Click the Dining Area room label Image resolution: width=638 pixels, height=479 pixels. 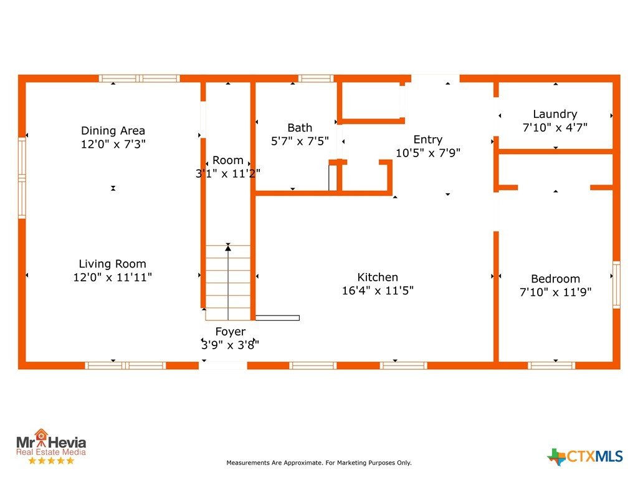113,131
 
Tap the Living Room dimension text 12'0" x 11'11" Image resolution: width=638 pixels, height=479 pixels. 113,278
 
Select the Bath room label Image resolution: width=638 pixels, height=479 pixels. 300,128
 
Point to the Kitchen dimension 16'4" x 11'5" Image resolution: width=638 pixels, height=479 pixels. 378,291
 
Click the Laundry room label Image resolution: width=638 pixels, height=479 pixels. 555,115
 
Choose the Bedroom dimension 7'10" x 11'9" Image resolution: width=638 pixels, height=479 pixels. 555,292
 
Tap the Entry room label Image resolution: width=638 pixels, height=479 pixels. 427,140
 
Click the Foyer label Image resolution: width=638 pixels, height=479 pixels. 231,332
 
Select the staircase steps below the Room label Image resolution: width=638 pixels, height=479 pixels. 228,283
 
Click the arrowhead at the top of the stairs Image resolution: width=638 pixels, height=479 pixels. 228,248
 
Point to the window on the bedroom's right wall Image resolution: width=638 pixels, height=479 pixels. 616,284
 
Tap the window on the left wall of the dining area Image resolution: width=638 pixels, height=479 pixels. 22,178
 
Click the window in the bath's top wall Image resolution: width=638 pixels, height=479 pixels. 316,78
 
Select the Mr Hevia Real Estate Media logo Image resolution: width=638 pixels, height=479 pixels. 51,447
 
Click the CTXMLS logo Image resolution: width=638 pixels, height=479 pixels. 584,457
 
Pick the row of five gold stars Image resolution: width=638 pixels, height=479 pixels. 51,461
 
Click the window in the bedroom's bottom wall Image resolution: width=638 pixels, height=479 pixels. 551,365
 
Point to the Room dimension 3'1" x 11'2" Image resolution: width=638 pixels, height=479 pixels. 228,174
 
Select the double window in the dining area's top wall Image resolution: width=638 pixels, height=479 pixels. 139,78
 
